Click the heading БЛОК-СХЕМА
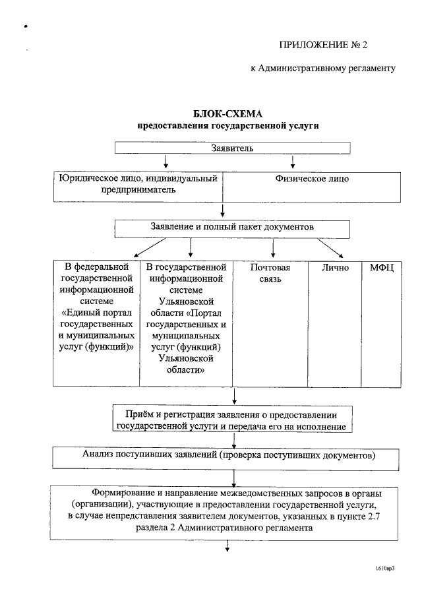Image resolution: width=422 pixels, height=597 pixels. point(222,113)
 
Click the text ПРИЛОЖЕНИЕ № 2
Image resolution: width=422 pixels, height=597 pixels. point(322,45)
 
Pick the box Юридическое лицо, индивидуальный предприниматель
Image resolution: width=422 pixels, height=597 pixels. point(138,186)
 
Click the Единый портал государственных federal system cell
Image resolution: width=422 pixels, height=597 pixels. point(96,323)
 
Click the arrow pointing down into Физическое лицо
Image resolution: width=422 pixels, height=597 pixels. point(292,162)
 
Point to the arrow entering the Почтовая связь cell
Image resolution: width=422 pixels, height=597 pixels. point(273,249)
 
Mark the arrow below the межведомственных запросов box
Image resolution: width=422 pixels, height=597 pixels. point(227,544)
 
